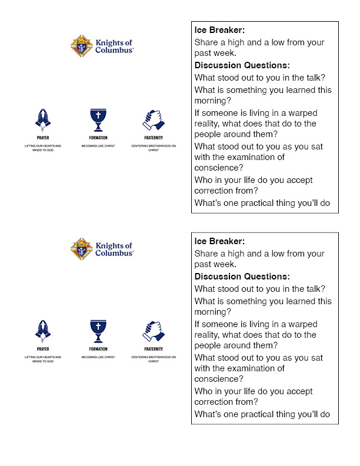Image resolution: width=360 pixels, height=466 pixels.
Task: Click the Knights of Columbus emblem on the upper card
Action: coord(81,46)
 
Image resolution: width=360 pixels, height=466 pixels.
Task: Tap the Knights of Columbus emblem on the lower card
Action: coord(81,249)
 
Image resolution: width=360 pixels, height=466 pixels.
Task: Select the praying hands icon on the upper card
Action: coord(43,119)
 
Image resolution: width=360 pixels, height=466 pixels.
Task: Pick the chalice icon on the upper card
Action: coord(98,119)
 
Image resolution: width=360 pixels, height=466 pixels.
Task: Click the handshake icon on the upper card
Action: coord(153,119)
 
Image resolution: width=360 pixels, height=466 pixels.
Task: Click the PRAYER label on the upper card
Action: coord(43,138)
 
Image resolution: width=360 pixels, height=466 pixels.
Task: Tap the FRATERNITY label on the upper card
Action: coord(153,138)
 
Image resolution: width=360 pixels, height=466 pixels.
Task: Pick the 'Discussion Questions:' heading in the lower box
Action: coord(242,277)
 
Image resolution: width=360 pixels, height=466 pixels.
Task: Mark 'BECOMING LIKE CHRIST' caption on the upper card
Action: coord(98,145)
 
